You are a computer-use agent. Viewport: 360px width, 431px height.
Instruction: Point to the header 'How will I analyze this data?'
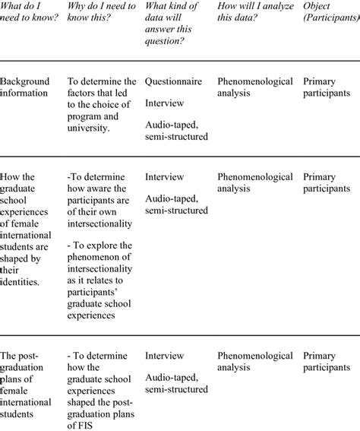254,15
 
